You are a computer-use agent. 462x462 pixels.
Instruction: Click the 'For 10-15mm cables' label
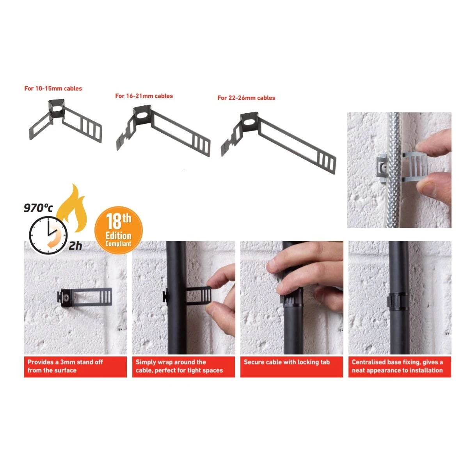[x=53, y=89]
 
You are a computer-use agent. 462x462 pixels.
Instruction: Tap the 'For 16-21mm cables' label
[x=144, y=96]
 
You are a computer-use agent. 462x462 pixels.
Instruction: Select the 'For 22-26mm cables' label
[x=246, y=98]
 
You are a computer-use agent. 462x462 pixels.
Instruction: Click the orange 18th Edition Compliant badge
[x=119, y=230]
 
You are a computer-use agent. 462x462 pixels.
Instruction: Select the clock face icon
[x=48, y=235]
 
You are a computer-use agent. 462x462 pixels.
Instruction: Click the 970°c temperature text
[x=38, y=208]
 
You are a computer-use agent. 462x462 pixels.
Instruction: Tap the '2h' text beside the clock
[x=75, y=246]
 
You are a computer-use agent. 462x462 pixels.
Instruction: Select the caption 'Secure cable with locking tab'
[x=286, y=362]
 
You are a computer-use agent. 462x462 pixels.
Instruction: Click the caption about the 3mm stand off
[x=65, y=366]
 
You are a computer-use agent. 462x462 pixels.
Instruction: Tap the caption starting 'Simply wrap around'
[x=179, y=366]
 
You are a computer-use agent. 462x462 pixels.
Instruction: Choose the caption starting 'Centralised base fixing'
[x=397, y=366]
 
